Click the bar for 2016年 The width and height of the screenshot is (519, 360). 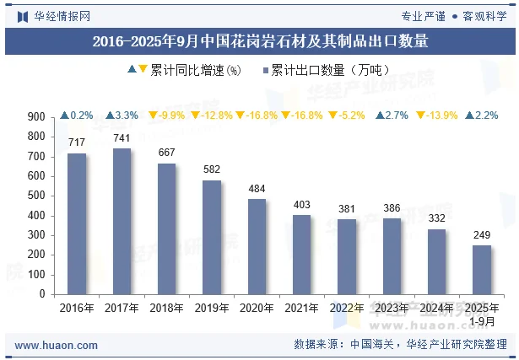point(77,223)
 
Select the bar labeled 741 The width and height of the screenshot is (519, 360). point(122,221)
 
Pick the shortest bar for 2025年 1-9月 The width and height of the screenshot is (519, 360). point(482,270)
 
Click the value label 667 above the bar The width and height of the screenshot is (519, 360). point(167,152)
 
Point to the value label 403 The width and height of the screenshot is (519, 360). point(301,204)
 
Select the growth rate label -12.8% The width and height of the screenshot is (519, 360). point(212,116)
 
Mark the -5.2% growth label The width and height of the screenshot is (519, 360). point(347,116)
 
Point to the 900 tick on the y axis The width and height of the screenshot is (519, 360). point(36,116)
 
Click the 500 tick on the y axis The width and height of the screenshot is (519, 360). point(36,196)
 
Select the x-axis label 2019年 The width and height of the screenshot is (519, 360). point(212,309)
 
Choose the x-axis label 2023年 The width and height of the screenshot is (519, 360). point(392,309)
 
